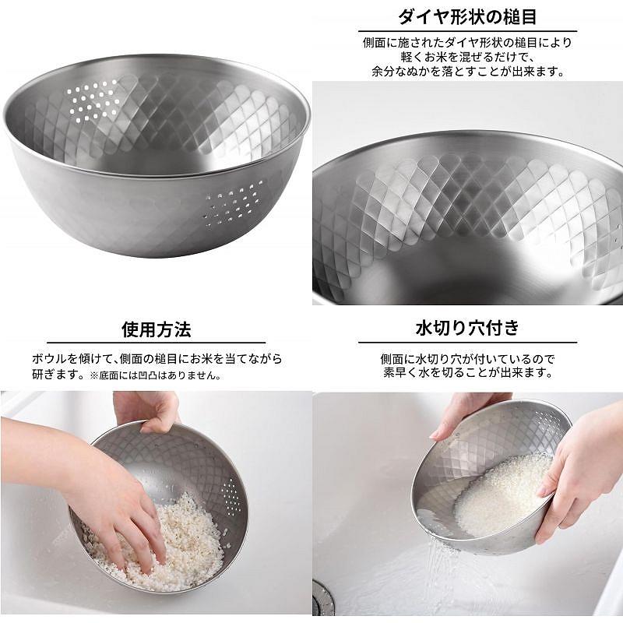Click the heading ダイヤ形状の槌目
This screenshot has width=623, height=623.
(467, 16)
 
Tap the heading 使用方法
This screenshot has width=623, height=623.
(157, 329)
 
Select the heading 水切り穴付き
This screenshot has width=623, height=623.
(467, 329)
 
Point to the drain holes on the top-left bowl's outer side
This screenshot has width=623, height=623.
(234, 205)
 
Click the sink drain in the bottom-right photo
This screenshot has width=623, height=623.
(322, 599)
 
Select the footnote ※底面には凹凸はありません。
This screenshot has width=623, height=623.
(155, 375)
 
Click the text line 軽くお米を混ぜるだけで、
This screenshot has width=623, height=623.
(467, 57)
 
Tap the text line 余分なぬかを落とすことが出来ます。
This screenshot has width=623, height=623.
(468, 72)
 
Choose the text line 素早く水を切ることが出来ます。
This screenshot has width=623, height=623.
(468, 373)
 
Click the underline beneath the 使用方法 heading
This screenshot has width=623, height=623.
(157, 343)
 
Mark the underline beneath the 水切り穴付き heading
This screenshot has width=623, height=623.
(467, 342)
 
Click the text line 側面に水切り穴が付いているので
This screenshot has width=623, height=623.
(468, 359)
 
